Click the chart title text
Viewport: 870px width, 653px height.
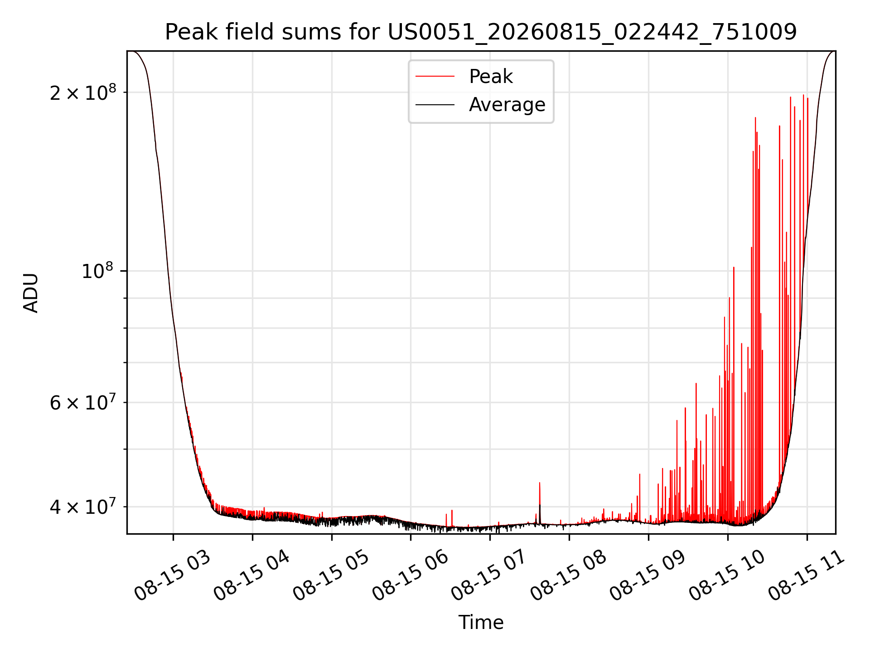pyautogui.click(x=481, y=32)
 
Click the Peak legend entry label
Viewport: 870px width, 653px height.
pyautogui.click(x=491, y=77)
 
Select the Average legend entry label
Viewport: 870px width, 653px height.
pyautogui.click(x=507, y=105)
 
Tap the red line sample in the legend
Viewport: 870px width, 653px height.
pyautogui.click(x=435, y=77)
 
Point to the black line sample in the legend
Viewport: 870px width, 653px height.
pyautogui.click(x=435, y=105)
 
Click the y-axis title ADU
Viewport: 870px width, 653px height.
pyautogui.click(x=31, y=292)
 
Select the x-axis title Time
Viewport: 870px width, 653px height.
pyautogui.click(x=481, y=623)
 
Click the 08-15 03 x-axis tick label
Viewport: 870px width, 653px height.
pyautogui.click(x=173, y=576)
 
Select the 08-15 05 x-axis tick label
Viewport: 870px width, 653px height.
pyautogui.click(x=331, y=576)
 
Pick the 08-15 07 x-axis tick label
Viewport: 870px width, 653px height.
pyautogui.click(x=489, y=576)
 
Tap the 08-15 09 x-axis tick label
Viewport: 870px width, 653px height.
pyautogui.click(x=648, y=576)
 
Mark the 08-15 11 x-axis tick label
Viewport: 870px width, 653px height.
pyautogui.click(x=807, y=576)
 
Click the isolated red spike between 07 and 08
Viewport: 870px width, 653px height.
pyautogui.click(x=540, y=501)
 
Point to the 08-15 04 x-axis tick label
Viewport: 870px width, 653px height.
pyautogui.click(x=252, y=576)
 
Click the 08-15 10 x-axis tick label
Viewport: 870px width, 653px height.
pyautogui.click(x=727, y=576)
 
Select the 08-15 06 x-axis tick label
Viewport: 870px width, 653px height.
pyautogui.click(x=411, y=576)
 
